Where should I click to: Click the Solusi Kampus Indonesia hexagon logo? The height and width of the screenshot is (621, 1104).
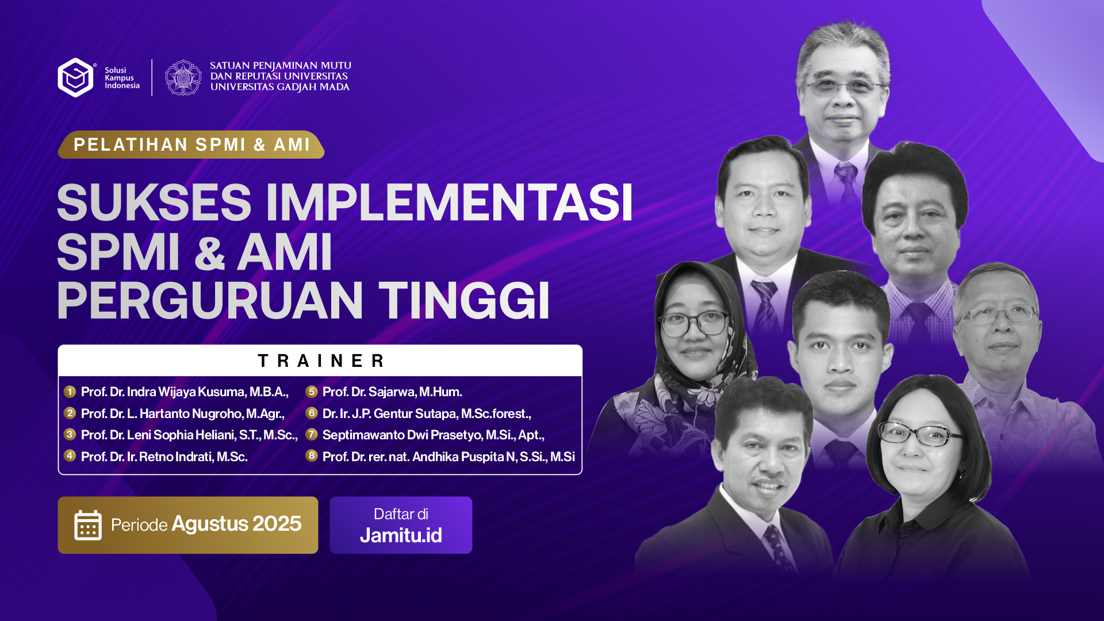pyautogui.click(x=75, y=77)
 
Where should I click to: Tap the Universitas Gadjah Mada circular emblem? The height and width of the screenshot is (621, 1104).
pyautogui.click(x=183, y=77)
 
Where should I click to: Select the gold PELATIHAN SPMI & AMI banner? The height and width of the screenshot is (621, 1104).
pyautogui.click(x=191, y=144)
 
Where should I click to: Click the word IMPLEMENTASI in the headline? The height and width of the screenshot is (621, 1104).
pyautogui.click(x=448, y=202)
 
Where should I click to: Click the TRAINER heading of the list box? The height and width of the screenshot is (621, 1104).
pyautogui.click(x=321, y=361)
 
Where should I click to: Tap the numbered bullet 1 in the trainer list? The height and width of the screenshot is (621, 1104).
pyautogui.click(x=70, y=392)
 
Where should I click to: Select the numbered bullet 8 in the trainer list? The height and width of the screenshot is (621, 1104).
pyautogui.click(x=312, y=456)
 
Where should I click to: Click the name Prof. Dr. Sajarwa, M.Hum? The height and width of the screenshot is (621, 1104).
pyautogui.click(x=392, y=392)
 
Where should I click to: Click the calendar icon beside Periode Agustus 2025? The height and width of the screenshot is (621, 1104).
pyautogui.click(x=88, y=525)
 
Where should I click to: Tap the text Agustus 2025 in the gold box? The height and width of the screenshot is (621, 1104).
pyautogui.click(x=236, y=524)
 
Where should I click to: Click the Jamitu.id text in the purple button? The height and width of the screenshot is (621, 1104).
pyautogui.click(x=401, y=535)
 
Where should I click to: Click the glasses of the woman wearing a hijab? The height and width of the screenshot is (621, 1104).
pyautogui.click(x=695, y=323)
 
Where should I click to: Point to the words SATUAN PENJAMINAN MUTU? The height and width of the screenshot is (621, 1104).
pyautogui.click(x=281, y=66)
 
